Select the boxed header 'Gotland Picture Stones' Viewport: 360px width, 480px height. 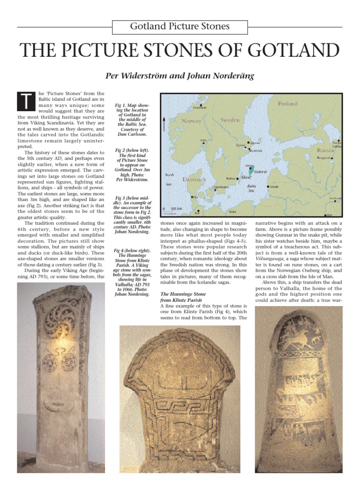click(x=180, y=27)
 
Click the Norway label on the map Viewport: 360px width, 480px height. click(x=191, y=121)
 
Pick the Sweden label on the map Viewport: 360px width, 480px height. click(x=230, y=120)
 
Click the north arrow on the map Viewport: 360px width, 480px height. click(x=164, y=125)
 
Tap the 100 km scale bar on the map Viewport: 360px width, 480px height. click(x=171, y=208)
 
